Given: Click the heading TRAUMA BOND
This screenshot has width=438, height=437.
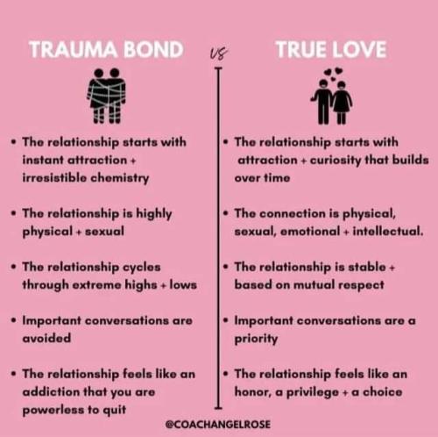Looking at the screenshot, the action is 106,49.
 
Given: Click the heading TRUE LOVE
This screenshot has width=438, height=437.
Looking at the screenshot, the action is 331,49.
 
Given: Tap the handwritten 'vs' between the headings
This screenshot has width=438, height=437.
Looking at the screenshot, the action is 219,54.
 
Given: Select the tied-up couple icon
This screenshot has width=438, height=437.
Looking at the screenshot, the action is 107,96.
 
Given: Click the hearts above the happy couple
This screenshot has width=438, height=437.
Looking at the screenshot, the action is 333,74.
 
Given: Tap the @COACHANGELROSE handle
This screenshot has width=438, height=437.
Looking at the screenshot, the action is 218,424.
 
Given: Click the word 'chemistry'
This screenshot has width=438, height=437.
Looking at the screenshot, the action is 120,178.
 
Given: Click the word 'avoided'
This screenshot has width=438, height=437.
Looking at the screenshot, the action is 46,338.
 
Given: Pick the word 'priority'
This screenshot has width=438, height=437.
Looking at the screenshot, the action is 256,339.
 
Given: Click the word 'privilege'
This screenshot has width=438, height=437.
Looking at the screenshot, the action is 313,392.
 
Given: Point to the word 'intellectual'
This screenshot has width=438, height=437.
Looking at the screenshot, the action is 388,232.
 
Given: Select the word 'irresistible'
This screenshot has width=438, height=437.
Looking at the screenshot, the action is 54,178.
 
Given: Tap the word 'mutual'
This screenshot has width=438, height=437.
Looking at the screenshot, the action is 314,285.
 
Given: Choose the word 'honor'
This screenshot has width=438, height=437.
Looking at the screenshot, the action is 251,392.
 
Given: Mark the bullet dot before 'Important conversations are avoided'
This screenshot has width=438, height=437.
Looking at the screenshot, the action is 13,320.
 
